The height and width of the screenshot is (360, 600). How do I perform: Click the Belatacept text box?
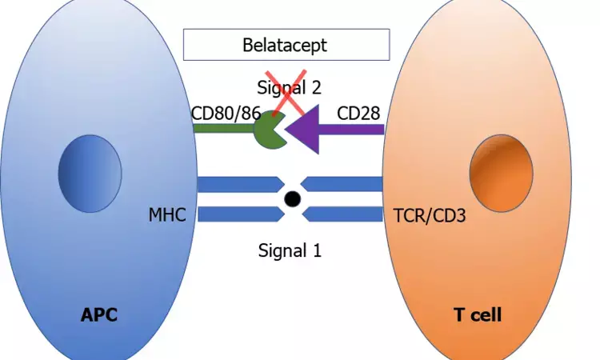tap(286, 45)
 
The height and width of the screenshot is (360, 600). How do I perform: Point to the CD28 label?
tap(358, 113)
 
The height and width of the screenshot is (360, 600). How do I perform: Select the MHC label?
tap(168, 215)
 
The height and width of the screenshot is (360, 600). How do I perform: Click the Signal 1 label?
tap(290, 250)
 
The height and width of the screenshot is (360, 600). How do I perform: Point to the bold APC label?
tap(99, 314)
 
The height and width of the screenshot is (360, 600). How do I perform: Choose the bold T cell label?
tap(478, 314)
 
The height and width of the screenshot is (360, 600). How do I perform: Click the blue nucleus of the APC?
tap(90, 174)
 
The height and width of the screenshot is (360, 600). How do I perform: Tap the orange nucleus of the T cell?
tap(500, 174)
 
